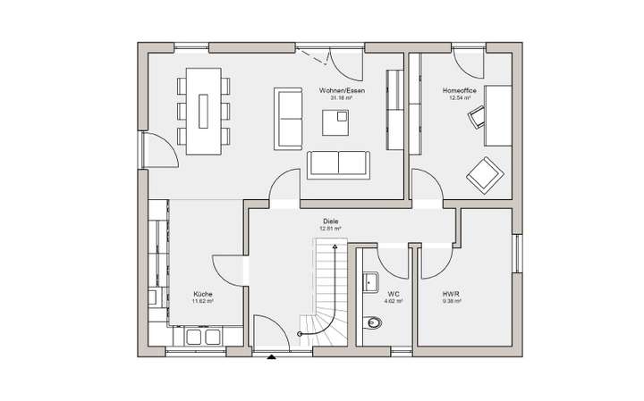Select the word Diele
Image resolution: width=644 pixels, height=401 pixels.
pos(332,221)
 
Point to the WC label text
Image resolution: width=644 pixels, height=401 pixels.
pos(394,294)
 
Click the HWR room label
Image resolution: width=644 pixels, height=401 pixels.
pos(451,294)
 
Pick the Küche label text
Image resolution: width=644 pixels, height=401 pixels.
pos(203,294)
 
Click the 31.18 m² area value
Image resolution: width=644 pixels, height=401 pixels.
pos(341,98)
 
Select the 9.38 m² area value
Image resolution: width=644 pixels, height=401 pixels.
pos(451,301)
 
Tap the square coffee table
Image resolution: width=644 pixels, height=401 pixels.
pos(336,122)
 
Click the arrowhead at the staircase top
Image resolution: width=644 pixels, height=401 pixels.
pos(335,253)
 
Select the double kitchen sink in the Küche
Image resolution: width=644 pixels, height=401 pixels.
pos(204,336)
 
